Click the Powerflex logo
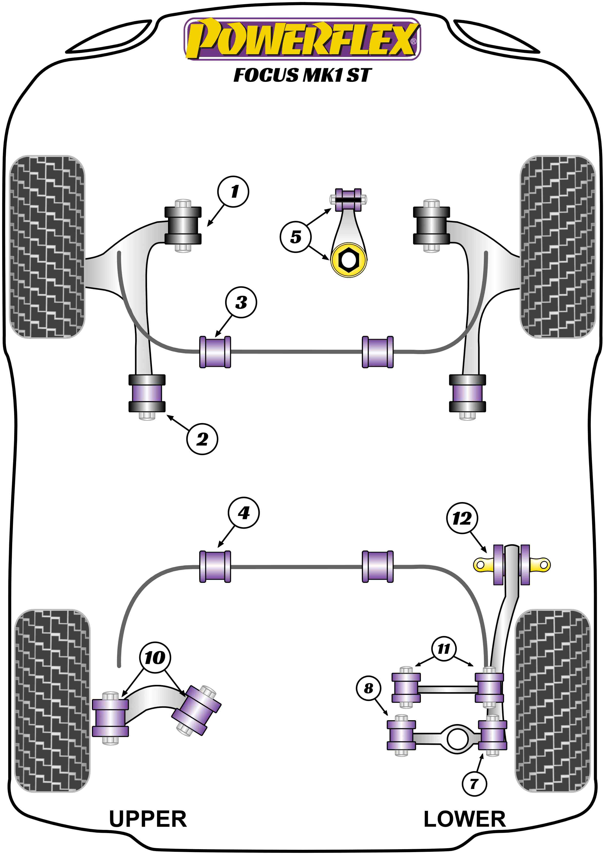tap(302, 39)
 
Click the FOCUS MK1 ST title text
tap(302, 75)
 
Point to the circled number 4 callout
tap(244, 513)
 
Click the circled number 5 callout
tap(295, 237)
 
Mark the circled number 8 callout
tap(368, 688)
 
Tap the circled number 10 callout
tap(155, 658)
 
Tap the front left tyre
tap(47, 246)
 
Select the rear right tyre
tap(553, 700)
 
